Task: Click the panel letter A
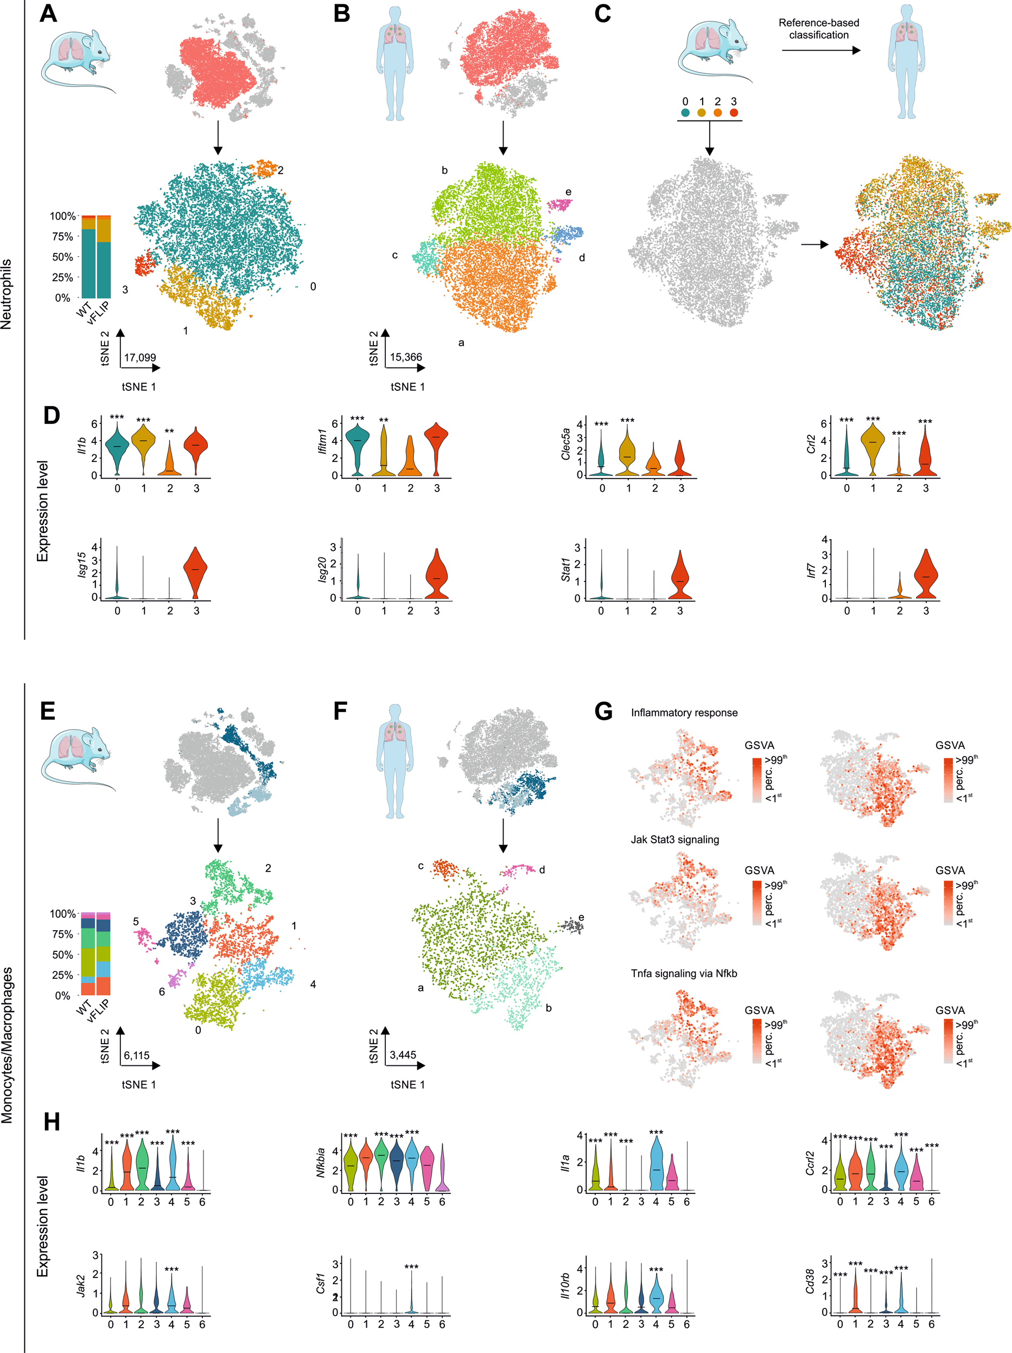coord(48,14)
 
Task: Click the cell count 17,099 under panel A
coord(140,357)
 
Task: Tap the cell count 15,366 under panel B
coord(406,357)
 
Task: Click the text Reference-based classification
coord(818,29)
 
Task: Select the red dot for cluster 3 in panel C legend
coord(734,112)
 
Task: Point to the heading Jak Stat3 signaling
coord(674,840)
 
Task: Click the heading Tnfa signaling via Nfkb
coord(684,974)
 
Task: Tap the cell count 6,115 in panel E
coord(136,1056)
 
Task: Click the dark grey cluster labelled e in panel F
coord(574,926)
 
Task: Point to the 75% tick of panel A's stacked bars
coord(62,237)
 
